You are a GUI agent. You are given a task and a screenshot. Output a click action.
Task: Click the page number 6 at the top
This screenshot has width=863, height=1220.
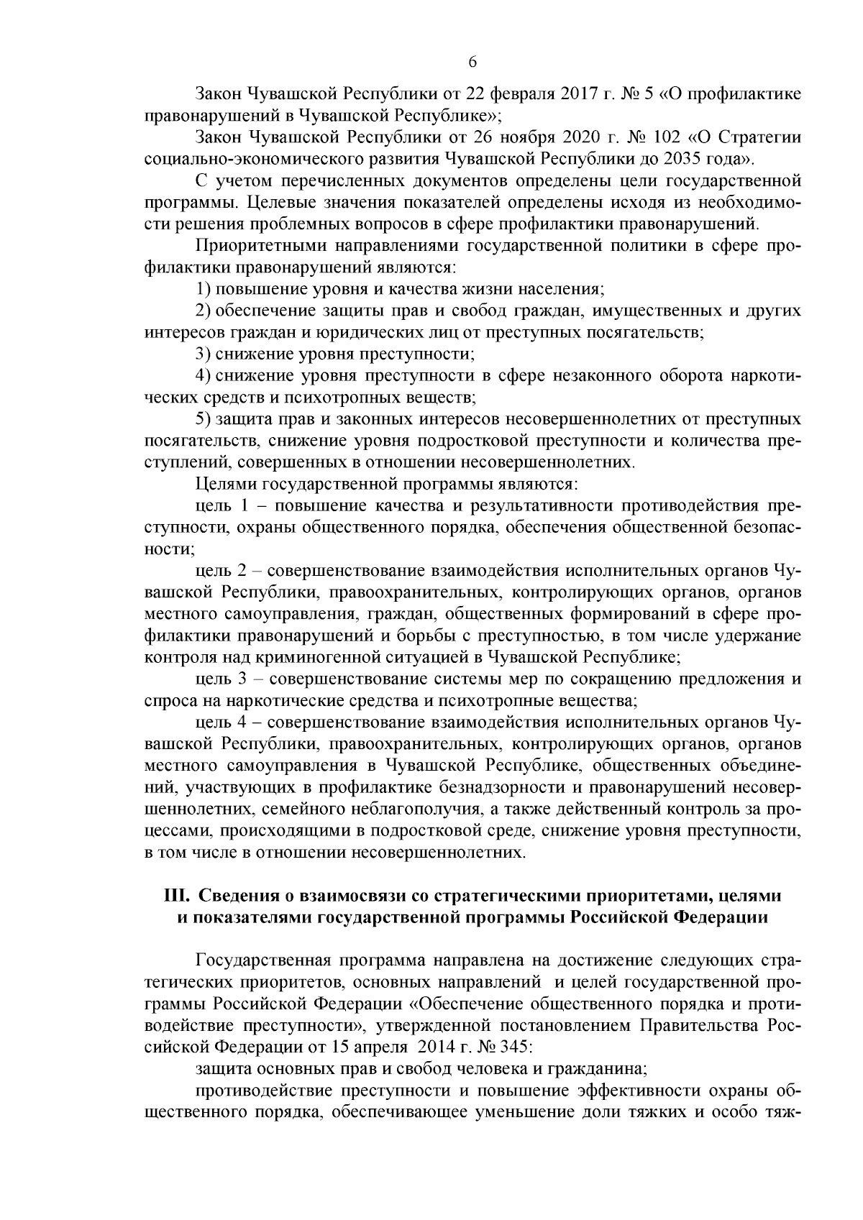[x=472, y=63]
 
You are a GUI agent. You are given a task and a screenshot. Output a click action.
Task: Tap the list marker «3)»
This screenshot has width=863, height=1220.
[x=204, y=354]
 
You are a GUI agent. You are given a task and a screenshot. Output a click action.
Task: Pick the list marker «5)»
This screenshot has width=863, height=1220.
[x=204, y=418]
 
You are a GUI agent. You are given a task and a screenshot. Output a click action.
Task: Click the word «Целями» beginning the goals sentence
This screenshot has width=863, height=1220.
[x=223, y=482]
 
